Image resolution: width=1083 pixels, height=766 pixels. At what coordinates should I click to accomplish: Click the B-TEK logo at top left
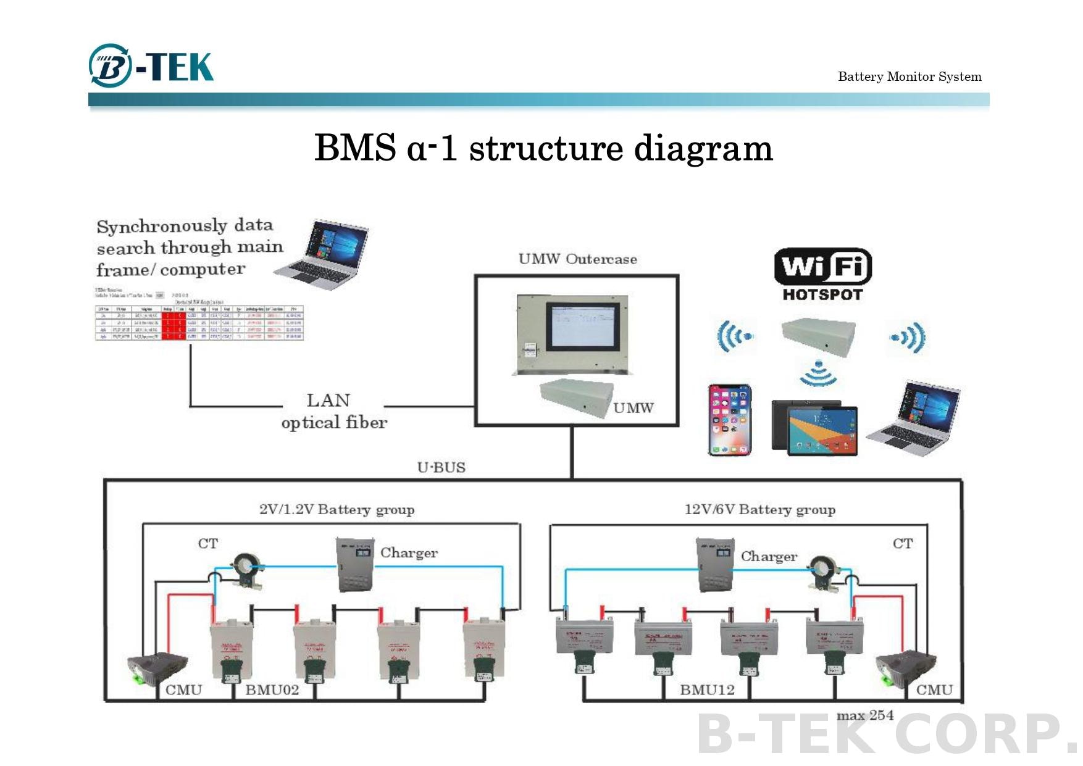point(151,65)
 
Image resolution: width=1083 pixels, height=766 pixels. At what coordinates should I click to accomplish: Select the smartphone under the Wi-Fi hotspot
point(730,420)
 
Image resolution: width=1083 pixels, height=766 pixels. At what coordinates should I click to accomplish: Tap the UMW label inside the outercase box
point(633,408)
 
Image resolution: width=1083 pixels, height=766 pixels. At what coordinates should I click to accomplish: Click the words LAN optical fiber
point(333,411)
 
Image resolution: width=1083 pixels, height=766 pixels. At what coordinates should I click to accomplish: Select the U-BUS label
point(441,467)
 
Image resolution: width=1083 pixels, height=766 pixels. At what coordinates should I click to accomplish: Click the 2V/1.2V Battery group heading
point(337,510)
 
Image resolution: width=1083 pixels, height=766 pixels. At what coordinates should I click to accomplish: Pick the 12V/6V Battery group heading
point(759,510)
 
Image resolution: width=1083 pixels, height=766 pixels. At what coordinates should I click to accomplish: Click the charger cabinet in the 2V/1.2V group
point(355,564)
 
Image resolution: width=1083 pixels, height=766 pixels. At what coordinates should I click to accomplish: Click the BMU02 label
point(272,689)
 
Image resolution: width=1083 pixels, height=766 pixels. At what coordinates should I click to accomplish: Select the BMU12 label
point(707,689)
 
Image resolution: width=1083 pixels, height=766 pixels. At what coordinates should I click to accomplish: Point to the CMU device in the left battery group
point(157,668)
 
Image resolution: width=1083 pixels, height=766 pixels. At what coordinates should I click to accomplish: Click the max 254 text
point(864,715)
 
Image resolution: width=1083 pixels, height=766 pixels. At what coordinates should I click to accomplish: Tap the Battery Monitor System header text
point(909,77)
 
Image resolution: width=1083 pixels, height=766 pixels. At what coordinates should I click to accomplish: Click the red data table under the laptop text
point(199,322)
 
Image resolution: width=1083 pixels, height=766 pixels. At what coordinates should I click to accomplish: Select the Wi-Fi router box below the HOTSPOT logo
point(818,336)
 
